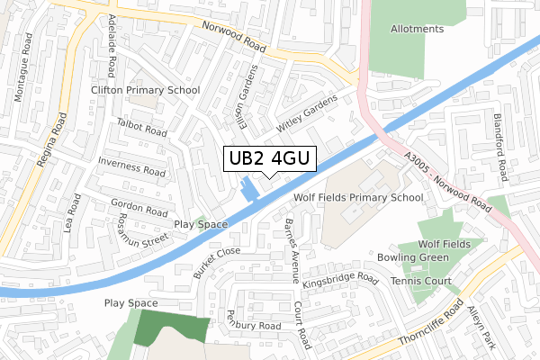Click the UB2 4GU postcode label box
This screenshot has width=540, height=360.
coord(269,158)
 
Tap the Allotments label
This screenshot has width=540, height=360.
coord(417,29)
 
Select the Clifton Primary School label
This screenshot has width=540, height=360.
coord(145,90)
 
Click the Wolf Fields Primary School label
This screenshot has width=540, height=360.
coord(357,197)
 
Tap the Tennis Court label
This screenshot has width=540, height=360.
coord(421,282)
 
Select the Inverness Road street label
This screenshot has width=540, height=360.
coord(130,165)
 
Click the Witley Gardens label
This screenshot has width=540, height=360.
coord(306,111)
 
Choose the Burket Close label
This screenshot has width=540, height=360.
coord(216,264)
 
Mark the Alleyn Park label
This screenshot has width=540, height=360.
coord(481,327)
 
